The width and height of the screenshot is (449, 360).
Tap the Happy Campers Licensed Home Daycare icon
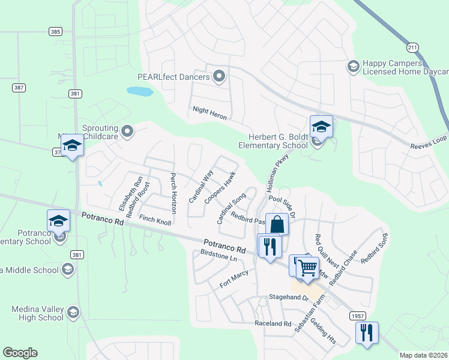click(x=354, y=65)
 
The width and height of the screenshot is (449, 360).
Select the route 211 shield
click(x=412, y=47)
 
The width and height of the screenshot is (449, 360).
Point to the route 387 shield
click(x=19, y=88)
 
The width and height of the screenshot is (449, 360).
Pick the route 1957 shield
click(x=357, y=315)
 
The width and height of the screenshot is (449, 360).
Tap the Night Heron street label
click(x=209, y=113)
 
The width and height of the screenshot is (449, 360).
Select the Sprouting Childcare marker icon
click(x=127, y=130)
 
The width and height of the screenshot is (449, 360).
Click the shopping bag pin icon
click(x=277, y=224)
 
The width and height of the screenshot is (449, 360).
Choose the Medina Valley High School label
click(x=37, y=313)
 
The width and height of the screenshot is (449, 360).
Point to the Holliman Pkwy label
click(x=274, y=171)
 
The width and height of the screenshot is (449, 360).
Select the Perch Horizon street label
click(x=173, y=193)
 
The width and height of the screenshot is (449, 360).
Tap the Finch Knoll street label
click(x=155, y=221)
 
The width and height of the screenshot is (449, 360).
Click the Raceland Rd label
click(x=273, y=323)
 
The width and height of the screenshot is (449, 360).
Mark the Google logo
click(x=20, y=353)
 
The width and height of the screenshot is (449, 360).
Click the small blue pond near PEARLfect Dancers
click(x=140, y=92)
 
